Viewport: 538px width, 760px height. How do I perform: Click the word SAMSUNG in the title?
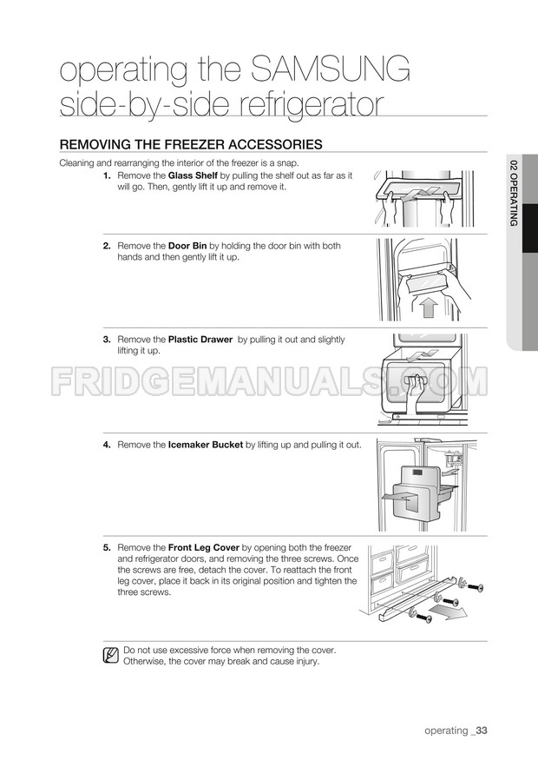point(331,69)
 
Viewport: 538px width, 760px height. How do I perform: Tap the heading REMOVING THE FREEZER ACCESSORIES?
point(191,144)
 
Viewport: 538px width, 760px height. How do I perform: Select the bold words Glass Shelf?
point(193,175)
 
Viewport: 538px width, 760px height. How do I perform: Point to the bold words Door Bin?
point(187,246)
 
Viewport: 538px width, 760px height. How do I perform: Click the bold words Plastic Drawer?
point(200,340)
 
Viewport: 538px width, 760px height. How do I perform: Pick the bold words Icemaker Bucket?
point(206,445)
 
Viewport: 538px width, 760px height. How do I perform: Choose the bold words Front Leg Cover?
point(203,548)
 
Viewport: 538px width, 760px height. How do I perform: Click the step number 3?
point(107,340)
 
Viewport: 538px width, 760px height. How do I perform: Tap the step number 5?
point(107,548)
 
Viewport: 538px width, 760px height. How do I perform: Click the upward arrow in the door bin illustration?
point(427,307)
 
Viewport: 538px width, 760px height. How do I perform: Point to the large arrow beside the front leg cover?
point(449,611)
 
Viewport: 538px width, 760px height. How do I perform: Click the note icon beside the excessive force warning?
point(111,655)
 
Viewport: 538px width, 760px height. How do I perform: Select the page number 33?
point(481,730)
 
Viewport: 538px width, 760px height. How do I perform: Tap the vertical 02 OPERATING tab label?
point(514,193)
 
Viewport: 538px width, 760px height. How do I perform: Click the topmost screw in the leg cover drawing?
point(473,585)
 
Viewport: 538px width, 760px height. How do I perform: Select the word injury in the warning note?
point(307,662)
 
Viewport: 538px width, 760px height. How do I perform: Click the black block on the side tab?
point(531,228)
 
